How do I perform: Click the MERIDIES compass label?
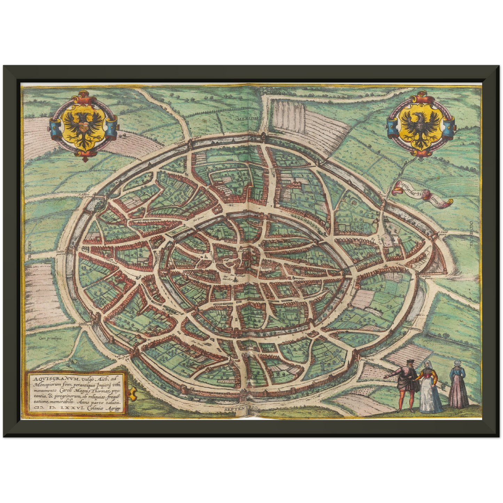tap(249, 119)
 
